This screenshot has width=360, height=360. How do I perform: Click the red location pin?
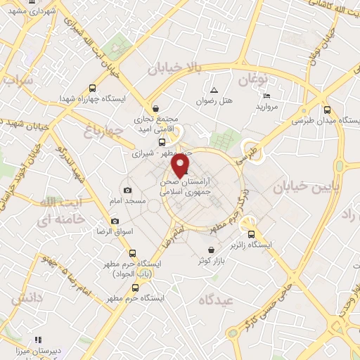tap(180, 165)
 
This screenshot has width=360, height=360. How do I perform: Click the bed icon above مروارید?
tap(266, 96)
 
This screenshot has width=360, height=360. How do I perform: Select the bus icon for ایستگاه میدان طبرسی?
tap(327, 109)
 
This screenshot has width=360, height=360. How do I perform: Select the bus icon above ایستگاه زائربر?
tap(251, 235)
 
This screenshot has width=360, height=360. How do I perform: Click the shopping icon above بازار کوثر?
tap(212, 250)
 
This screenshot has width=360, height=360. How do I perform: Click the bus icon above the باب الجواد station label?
tap(133, 253)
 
